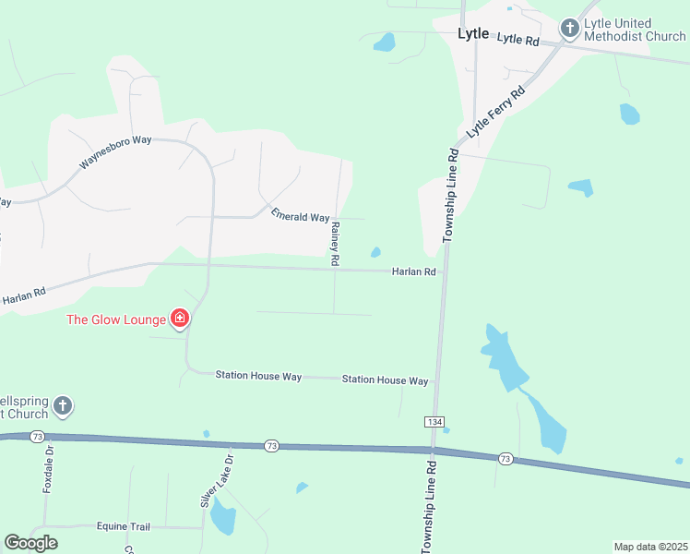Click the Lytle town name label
tap(473, 33)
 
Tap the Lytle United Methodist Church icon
tap(569, 30)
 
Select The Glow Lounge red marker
tap(180, 319)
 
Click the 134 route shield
tap(434, 421)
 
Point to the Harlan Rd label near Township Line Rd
tap(413, 271)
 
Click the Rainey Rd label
tap(335, 245)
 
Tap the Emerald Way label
tap(300, 216)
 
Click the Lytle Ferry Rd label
tap(495, 112)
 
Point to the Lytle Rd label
tap(517, 40)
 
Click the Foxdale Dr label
tap(49, 470)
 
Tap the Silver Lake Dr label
tap(218, 480)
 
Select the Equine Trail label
tap(123, 526)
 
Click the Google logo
tap(30, 543)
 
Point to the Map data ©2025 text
tap(650, 547)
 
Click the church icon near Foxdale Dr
tap(62, 405)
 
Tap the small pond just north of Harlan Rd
tap(375, 252)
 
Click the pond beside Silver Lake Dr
tap(222, 517)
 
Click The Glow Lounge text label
tap(115, 320)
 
